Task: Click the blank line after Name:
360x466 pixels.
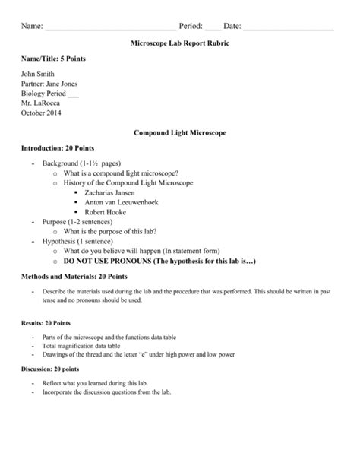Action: [110, 28]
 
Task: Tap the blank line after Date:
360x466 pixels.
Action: [288, 28]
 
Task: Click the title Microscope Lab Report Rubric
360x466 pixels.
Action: [180, 46]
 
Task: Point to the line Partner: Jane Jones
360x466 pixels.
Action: [48, 84]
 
